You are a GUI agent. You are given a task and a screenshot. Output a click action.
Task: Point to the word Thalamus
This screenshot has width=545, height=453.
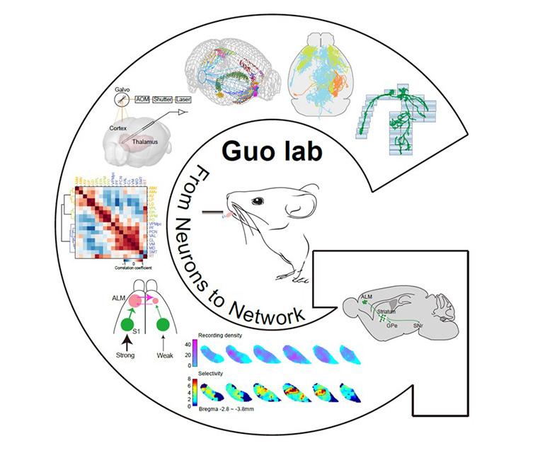(146, 141)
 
